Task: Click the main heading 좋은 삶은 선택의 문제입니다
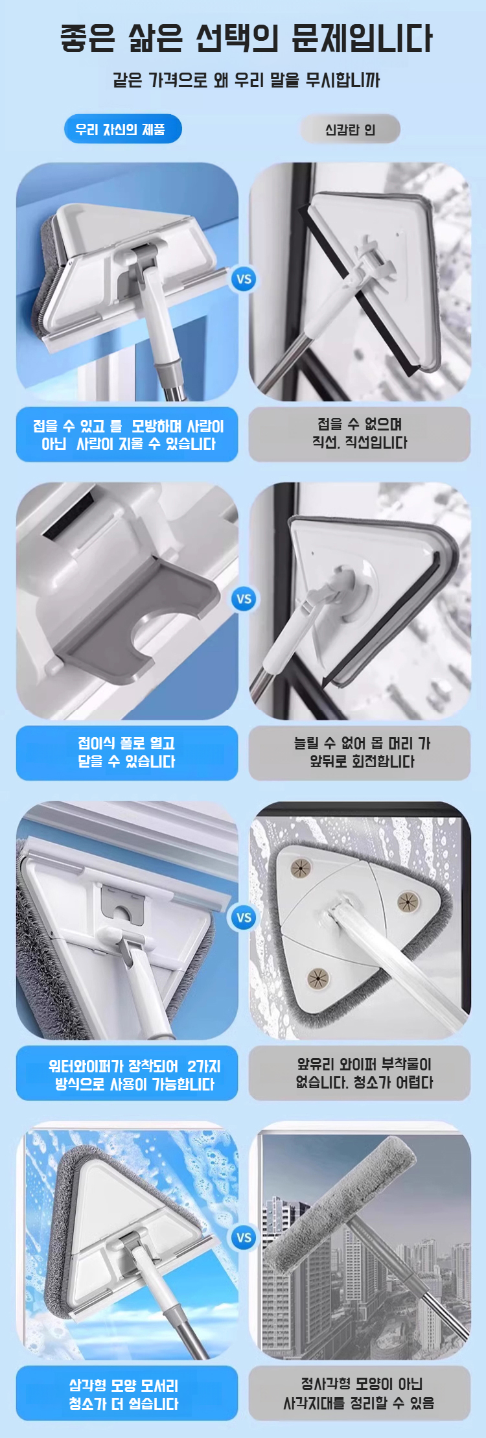(x=246, y=38)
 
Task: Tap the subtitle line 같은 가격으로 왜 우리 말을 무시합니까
(x=246, y=80)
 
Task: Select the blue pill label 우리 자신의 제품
(x=122, y=130)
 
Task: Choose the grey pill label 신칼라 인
(x=350, y=130)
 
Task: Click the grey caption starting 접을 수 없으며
(x=360, y=434)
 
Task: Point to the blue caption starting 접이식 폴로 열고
(x=127, y=752)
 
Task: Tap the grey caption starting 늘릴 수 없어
(x=360, y=752)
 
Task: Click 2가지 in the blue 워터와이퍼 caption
(x=203, y=1066)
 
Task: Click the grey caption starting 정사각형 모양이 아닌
(x=360, y=1394)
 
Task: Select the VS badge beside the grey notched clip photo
(x=244, y=599)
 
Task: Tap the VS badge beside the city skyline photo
(x=244, y=1237)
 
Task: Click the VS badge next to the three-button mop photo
(x=244, y=917)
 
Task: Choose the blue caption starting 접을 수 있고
(x=127, y=434)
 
